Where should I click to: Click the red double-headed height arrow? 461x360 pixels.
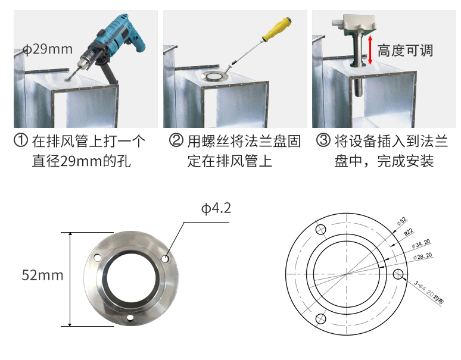coord(370,49)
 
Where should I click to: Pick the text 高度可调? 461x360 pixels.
coord(405,51)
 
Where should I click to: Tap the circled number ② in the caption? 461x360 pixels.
coord(176,142)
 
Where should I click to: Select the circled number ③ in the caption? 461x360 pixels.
coord(323,142)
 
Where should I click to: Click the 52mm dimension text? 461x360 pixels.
coord(42,275)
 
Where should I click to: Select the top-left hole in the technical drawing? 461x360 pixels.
coord(321,230)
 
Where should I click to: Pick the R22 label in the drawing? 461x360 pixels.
coord(409,233)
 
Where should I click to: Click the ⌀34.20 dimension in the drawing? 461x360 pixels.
coord(422,244)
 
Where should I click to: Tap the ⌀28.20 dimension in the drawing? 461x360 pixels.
coord(422,256)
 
